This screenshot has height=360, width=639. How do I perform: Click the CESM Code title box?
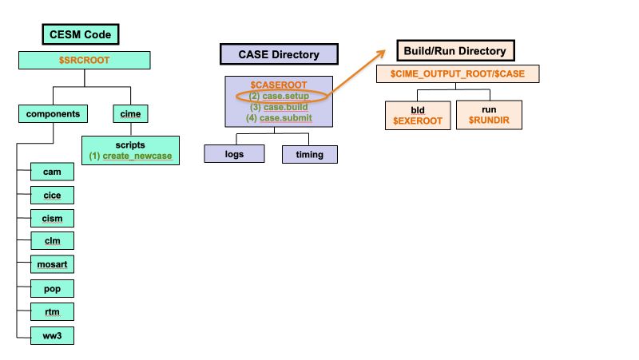click(81, 34)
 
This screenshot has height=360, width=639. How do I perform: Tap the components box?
click(53, 114)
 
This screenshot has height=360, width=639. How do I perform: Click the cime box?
click(130, 114)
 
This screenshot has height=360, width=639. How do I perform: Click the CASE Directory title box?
click(280, 54)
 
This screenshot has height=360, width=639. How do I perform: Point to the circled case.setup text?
click(280, 96)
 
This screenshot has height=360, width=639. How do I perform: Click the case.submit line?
click(280, 118)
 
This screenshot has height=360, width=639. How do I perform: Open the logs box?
click(234, 154)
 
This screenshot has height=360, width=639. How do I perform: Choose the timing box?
click(310, 154)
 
